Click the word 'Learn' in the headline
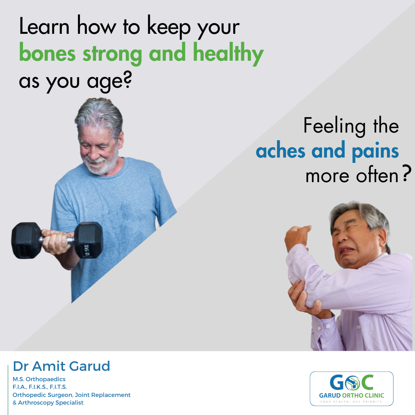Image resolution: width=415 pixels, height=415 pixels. (x=44, y=27)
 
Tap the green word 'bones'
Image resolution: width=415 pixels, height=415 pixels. (x=47, y=53)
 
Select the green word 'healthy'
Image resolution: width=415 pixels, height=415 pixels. (x=228, y=54)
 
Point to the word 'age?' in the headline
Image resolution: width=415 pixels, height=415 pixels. (x=110, y=81)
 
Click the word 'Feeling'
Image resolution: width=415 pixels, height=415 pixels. (x=334, y=126)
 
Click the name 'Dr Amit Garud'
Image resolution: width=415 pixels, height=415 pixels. (x=61, y=366)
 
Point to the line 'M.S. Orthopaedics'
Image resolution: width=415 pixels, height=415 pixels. (x=39, y=379)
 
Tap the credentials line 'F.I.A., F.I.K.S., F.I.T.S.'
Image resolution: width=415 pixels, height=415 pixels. (x=40, y=387)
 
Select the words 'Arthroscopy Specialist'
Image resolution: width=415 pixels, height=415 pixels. (x=51, y=403)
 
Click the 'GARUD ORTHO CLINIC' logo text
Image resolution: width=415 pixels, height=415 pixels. (x=352, y=395)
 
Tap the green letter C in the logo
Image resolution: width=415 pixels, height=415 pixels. (x=367, y=382)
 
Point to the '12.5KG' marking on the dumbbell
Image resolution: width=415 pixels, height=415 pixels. (x=86, y=251)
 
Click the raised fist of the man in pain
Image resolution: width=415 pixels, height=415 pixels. (x=297, y=234)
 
